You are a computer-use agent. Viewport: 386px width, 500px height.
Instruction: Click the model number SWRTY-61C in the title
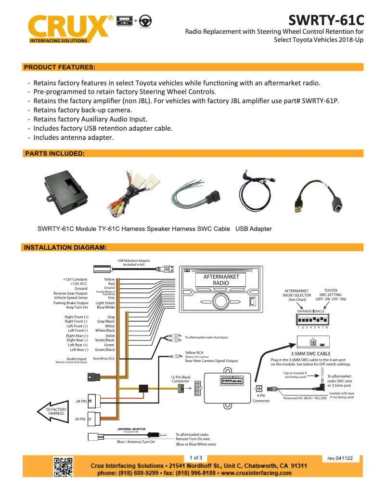326,20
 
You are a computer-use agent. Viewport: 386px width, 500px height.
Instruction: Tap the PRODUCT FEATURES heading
60,67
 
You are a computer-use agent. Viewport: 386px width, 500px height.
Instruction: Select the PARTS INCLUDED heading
54,153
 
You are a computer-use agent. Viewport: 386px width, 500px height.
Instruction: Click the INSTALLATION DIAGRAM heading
65,248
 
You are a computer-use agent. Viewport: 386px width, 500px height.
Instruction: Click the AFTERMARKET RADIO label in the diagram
221,280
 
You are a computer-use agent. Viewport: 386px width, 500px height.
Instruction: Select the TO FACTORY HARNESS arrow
54,411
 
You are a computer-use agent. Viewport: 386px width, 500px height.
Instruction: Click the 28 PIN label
81,401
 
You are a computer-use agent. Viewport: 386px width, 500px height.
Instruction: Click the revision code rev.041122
340,458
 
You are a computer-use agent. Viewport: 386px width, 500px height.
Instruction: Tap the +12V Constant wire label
75,279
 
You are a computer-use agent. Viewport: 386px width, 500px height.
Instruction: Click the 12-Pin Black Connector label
181,379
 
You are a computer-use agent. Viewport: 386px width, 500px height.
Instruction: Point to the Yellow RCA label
194,352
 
